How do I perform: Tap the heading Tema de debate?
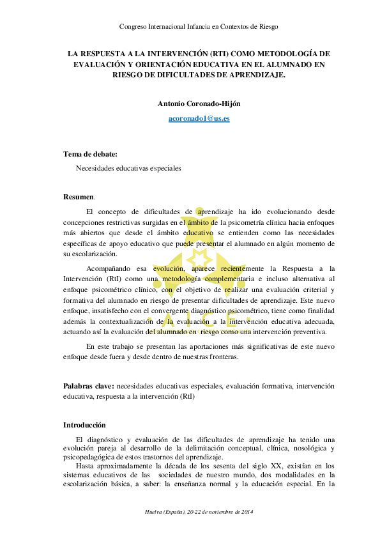tap(90, 154)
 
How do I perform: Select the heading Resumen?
tap(78, 196)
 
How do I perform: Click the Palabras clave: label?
tap(89, 387)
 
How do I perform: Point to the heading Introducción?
tap(84, 425)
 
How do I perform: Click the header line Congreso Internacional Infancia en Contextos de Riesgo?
tap(199, 26)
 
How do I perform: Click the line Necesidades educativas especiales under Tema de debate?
tap(128, 168)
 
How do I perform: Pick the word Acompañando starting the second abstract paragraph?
tap(109, 270)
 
